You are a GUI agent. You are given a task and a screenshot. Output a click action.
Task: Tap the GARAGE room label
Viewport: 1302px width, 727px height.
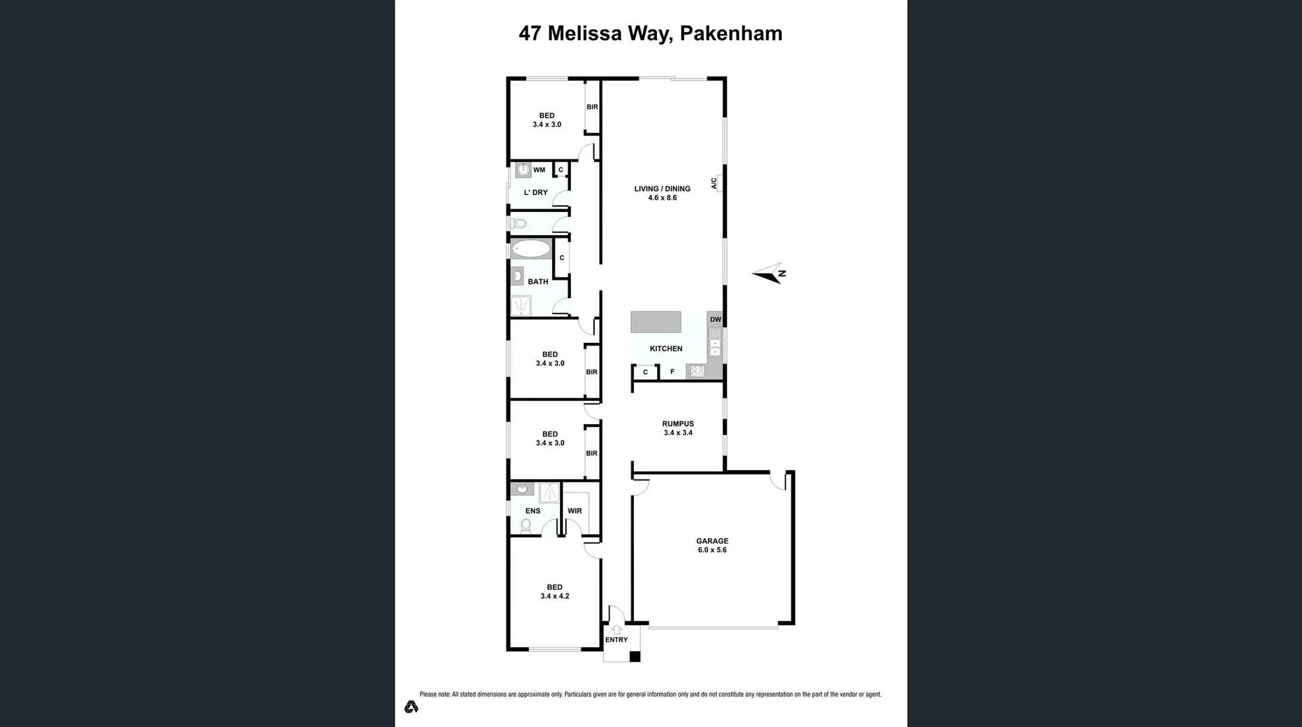pyautogui.click(x=712, y=541)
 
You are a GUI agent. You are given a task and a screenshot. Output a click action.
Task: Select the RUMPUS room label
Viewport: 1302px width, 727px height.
pyautogui.click(x=677, y=424)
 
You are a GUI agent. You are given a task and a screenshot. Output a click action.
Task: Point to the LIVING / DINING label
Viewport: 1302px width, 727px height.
pyautogui.click(x=662, y=189)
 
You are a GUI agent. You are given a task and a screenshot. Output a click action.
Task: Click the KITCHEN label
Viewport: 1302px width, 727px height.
pyautogui.click(x=666, y=349)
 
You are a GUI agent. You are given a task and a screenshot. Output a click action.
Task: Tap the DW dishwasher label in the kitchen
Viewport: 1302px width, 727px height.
pyautogui.click(x=715, y=320)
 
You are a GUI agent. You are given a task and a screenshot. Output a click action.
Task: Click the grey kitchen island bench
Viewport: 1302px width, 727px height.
pyautogui.click(x=656, y=322)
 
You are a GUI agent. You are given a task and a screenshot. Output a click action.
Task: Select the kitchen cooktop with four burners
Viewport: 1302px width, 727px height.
pyautogui.click(x=697, y=371)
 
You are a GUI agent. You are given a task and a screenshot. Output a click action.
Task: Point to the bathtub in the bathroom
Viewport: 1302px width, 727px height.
pyautogui.click(x=531, y=249)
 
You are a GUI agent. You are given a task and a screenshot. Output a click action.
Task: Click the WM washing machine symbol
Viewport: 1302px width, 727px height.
pyautogui.click(x=523, y=170)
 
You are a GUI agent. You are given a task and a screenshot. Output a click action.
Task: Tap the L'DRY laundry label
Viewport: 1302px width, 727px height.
pyautogui.click(x=536, y=192)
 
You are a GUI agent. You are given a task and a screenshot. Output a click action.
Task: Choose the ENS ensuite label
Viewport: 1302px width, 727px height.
pyautogui.click(x=533, y=511)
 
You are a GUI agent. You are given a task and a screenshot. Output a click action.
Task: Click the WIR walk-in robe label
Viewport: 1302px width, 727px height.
pyautogui.click(x=574, y=511)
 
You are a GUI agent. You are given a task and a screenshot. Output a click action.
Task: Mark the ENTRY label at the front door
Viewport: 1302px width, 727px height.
pyautogui.click(x=616, y=640)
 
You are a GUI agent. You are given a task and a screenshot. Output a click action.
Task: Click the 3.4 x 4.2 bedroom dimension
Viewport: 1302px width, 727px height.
pyautogui.click(x=555, y=596)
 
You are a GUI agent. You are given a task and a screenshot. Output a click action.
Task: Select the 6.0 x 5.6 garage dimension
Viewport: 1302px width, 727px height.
pyautogui.click(x=712, y=550)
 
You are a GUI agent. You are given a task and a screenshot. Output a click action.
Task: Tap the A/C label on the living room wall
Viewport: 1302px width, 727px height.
pyautogui.click(x=714, y=183)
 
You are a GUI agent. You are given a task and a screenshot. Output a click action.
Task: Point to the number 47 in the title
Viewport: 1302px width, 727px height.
pyautogui.click(x=530, y=33)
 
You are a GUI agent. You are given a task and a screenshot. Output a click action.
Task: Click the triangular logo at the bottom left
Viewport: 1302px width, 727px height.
pyautogui.click(x=411, y=707)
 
